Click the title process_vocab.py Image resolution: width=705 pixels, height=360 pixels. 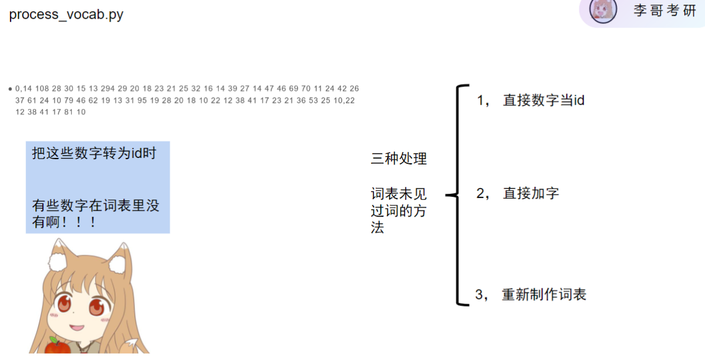click(x=66, y=15)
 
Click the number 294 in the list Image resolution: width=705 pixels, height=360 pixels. click(x=108, y=89)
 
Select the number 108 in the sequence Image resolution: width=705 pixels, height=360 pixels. click(x=42, y=89)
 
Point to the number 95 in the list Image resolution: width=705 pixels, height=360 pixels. click(x=141, y=100)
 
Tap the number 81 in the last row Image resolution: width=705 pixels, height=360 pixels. click(x=68, y=112)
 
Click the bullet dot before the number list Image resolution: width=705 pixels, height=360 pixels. click(x=11, y=89)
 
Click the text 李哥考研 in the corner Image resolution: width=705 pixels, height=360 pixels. click(x=664, y=11)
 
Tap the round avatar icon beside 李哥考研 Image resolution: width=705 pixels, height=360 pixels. click(x=602, y=11)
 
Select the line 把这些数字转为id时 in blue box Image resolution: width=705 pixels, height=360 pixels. click(x=94, y=154)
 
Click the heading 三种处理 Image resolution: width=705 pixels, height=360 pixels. click(x=399, y=159)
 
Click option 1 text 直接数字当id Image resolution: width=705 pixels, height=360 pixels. click(x=544, y=100)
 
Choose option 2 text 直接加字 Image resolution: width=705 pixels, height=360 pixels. click(x=531, y=193)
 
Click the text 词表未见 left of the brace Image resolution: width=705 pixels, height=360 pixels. click(x=399, y=193)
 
